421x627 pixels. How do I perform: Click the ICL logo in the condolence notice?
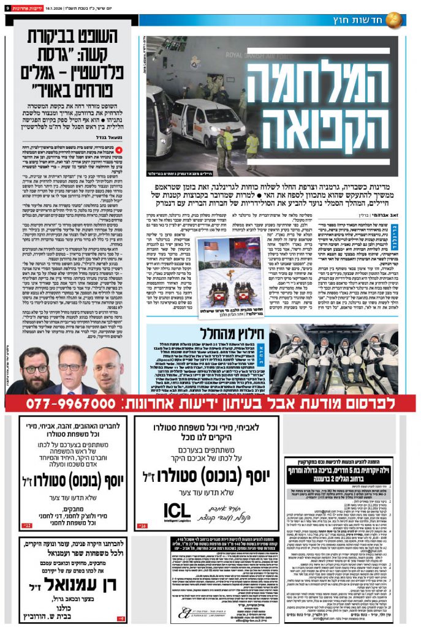tap(178, 510)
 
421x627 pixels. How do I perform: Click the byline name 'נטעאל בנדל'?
tap(116, 138)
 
